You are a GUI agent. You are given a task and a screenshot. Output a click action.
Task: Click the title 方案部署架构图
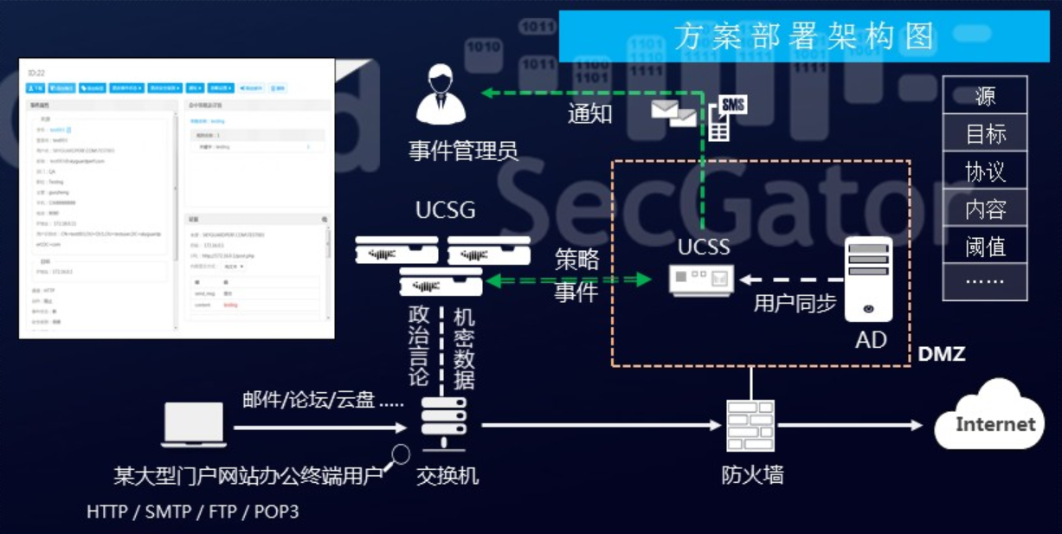tap(804, 36)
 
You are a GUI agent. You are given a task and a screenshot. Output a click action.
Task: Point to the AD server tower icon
tap(868, 279)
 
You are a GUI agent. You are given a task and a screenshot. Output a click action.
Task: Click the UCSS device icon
tap(702, 279)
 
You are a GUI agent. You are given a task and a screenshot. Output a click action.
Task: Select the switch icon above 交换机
tap(444, 421)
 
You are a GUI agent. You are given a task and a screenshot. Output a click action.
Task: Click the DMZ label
tap(941, 353)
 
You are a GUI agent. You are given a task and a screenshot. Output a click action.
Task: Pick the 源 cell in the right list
tap(984, 96)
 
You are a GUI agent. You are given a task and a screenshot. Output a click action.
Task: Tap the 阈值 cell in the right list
tap(984, 247)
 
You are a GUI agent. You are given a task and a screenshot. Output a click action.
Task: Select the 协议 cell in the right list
tap(984, 171)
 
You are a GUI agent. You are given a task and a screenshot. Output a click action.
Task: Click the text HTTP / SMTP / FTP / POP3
tap(192, 511)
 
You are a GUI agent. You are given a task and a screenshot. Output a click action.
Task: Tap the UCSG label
tap(445, 211)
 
